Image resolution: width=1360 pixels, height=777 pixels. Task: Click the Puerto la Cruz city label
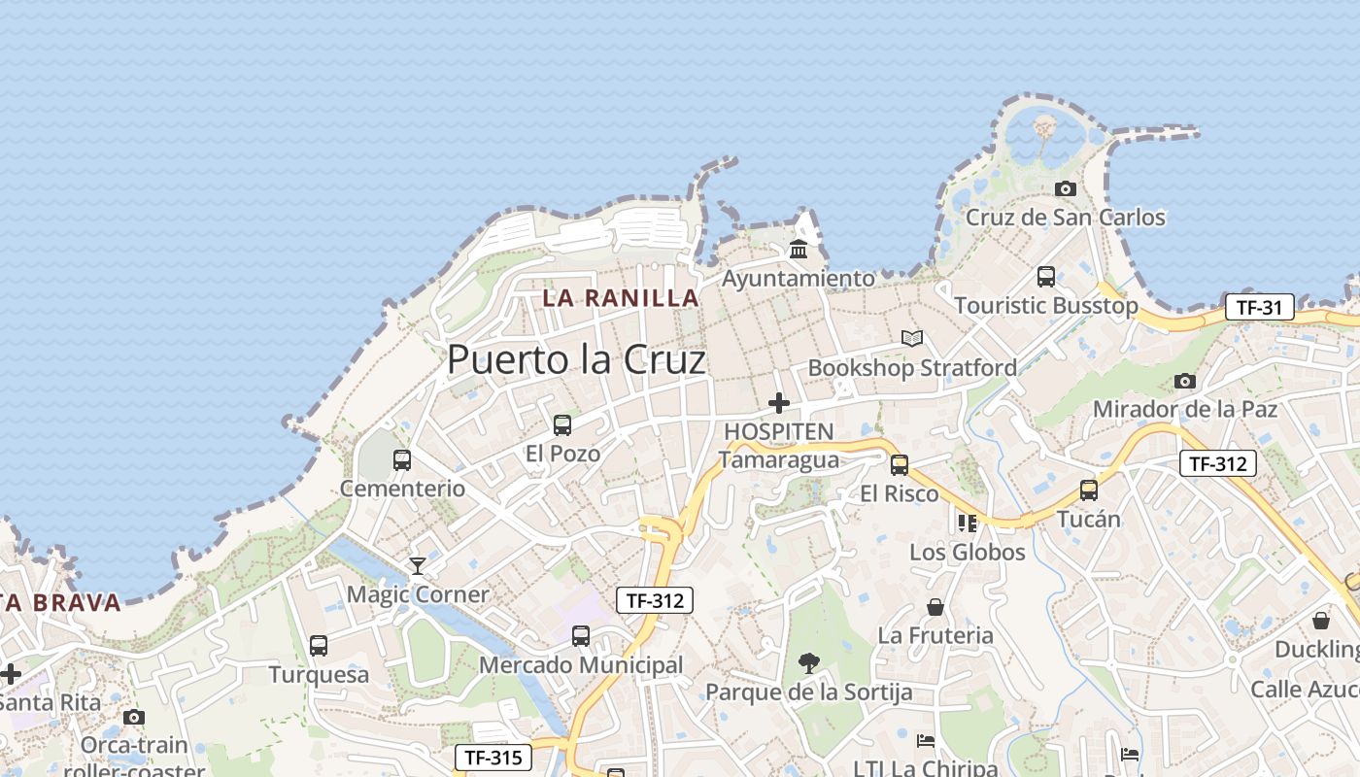click(576, 360)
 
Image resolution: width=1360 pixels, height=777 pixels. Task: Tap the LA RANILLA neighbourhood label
click(621, 298)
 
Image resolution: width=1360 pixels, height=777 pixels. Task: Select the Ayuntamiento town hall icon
click(799, 250)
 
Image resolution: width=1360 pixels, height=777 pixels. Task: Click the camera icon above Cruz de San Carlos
click(1066, 188)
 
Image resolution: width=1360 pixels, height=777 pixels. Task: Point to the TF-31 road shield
click(1259, 308)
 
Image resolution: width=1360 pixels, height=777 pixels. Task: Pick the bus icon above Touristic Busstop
click(1046, 277)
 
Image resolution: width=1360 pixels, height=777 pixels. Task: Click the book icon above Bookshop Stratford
click(911, 339)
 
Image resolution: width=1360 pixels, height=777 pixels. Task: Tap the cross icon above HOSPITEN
click(778, 403)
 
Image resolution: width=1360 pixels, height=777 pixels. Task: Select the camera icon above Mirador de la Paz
click(1184, 381)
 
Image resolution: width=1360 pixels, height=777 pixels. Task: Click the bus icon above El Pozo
click(562, 424)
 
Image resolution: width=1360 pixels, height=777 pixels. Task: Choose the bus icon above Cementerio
click(402, 460)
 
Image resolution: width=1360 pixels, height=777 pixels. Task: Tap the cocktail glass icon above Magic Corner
click(418, 565)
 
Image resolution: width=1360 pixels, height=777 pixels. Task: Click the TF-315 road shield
click(493, 758)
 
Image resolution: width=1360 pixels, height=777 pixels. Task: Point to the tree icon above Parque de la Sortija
click(808, 663)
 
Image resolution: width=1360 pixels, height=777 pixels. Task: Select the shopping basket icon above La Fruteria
click(935, 607)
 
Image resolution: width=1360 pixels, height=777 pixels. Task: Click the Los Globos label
click(967, 553)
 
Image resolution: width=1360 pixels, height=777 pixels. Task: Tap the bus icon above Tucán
click(1089, 490)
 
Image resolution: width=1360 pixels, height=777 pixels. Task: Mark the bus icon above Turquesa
click(319, 646)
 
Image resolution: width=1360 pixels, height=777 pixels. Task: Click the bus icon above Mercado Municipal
click(581, 636)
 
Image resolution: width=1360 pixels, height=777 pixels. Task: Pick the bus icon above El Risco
click(900, 465)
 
